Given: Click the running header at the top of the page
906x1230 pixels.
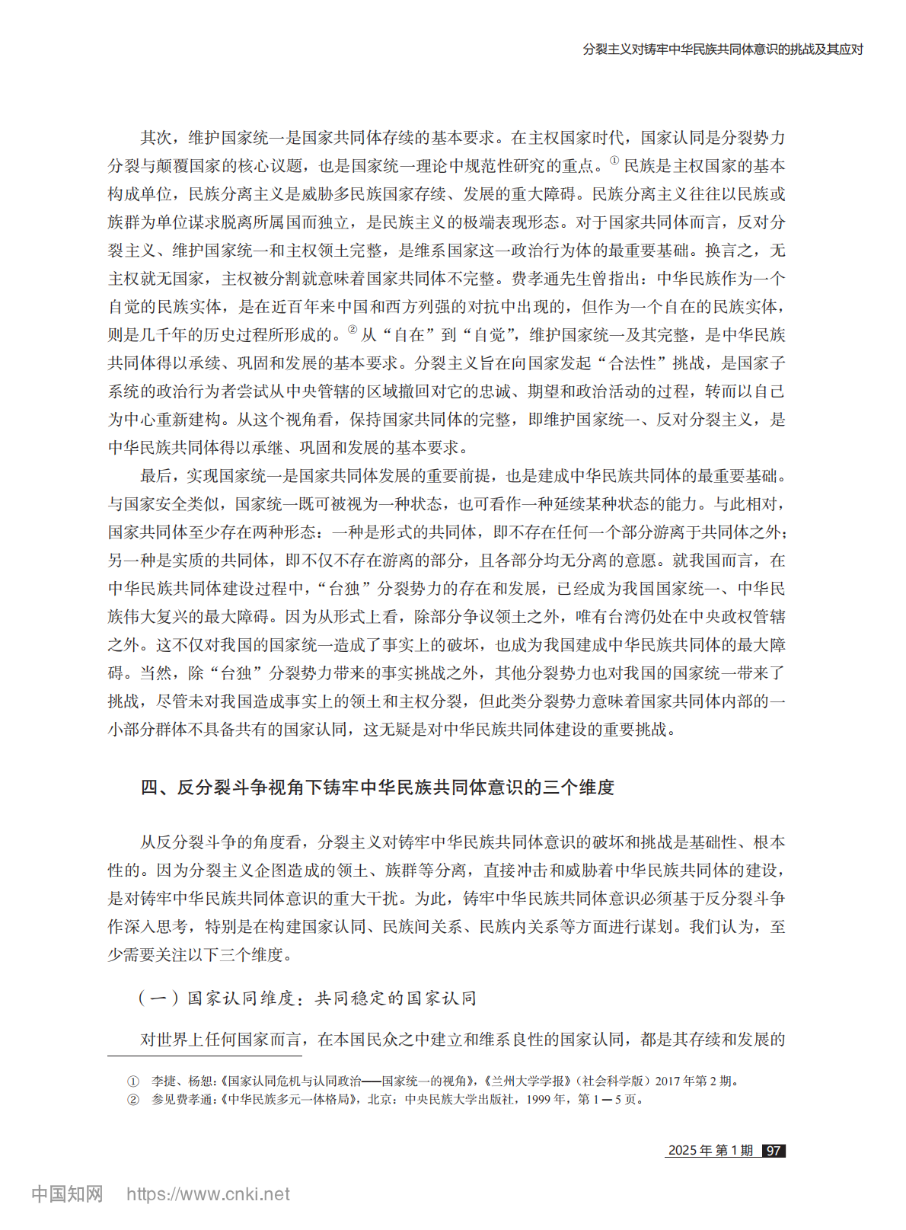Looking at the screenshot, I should pos(723,50).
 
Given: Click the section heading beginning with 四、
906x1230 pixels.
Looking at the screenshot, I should pos(377,788).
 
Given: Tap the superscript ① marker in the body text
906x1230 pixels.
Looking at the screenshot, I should pos(614,161).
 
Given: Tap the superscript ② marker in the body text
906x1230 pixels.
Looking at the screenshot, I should pos(352,330).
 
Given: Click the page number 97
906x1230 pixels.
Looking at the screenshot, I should pos(774,1151).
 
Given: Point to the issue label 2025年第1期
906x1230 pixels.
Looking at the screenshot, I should pos(710,1151).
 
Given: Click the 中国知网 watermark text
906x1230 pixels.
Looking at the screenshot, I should pos(67,1193).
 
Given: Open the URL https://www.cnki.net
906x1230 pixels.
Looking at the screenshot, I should pos(208,1194).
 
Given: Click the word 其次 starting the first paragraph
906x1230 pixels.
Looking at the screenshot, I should pos(156,138).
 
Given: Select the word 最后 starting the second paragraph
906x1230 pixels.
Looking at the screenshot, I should pos(156,476).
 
